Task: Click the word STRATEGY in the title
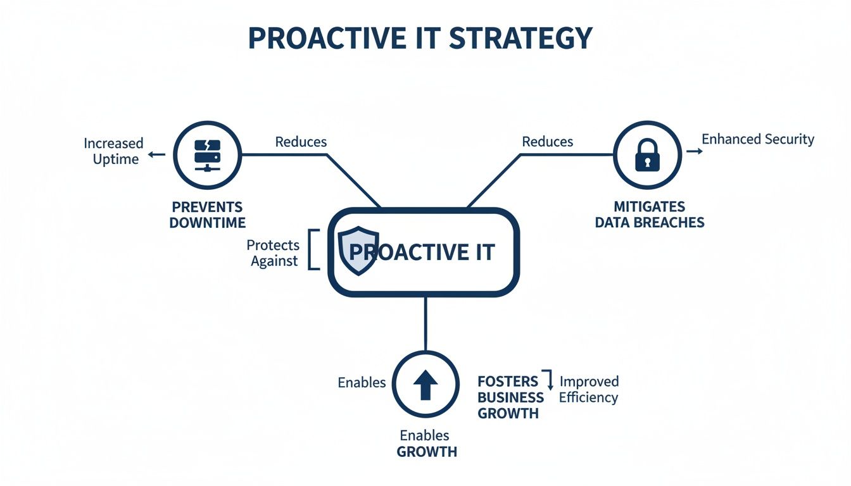coord(520,38)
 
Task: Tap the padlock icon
coord(646,154)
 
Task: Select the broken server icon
coord(207,154)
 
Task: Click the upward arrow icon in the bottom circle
coord(425,384)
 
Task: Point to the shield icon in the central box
coord(359,251)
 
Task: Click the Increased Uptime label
coord(114,151)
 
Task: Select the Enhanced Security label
coord(758,139)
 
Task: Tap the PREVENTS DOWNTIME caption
coord(207,215)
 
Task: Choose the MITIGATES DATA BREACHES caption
coord(650,215)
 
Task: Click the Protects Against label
coord(274,253)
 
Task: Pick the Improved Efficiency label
coord(589,389)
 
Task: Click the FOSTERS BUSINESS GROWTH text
coord(510,397)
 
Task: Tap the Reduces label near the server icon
coord(301,142)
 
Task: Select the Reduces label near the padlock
coord(548,142)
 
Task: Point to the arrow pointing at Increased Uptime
coord(156,154)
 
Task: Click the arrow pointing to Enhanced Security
coord(694,152)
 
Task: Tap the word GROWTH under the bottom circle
coord(427,452)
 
